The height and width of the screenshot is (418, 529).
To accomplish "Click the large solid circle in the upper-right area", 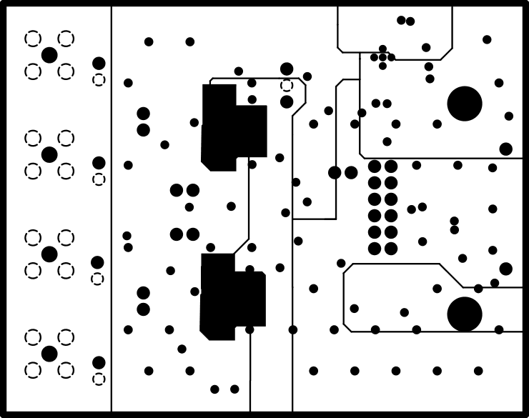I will pyautogui.click(x=465, y=104).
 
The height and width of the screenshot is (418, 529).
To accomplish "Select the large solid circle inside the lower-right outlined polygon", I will pyautogui.click(x=465, y=314).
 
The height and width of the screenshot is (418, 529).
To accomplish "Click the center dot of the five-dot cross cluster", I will pyautogui.click(x=382, y=57).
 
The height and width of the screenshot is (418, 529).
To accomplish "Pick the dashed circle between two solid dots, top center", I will pyautogui.click(x=287, y=85).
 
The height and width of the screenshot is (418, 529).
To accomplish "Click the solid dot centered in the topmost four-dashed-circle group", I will pyautogui.click(x=49, y=55).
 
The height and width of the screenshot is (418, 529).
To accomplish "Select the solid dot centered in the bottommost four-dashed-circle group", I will pyautogui.click(x=49, y=354).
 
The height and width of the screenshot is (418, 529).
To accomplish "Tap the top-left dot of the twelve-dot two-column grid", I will pyautogui.click(x=375, y=166).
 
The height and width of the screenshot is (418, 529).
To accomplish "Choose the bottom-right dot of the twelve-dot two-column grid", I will pyautogui.click(x=391, y=249).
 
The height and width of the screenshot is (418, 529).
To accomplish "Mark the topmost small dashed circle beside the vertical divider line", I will pyautogui.click(x=99, y=79).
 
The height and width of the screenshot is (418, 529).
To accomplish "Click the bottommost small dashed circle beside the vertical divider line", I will pyautogui.click(x=99, y=379).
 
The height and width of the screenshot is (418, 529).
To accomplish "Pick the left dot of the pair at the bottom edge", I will pyautogui.click(x=214, y=389).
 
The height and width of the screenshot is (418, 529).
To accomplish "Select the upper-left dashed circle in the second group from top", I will pyautogui.click(x=33, y=138).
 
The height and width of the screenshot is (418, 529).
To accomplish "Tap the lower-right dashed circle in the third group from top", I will pyautogui.click(x=66, y=270).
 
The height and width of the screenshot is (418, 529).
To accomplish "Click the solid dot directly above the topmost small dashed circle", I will pyautogui.click(x=99, y=63).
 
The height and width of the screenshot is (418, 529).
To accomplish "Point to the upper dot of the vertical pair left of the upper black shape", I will pyautogui.click(x=143, y=114).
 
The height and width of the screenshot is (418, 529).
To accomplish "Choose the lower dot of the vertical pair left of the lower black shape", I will pyautogui.click(x=143, y=309).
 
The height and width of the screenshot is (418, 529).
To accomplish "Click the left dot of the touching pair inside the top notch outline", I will pyautogui.click(x=401, y=20).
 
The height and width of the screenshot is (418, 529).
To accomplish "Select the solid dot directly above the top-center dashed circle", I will pyautogui.click(x=287, y=69).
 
